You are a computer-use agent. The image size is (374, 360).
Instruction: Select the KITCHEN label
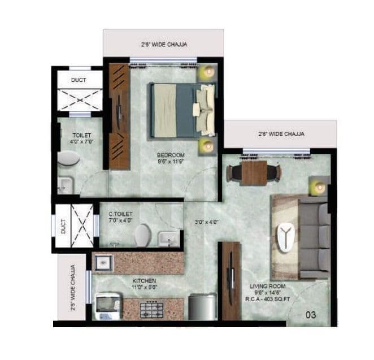point(144,280)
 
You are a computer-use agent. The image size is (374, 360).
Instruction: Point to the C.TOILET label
point(120,214)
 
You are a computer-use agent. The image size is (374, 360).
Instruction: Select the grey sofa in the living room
point(314,237)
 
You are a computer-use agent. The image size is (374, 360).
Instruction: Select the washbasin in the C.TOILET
point(168,239)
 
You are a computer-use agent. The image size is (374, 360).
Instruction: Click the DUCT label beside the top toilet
point(79,80)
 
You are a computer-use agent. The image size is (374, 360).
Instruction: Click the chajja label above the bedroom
point(164,44)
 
